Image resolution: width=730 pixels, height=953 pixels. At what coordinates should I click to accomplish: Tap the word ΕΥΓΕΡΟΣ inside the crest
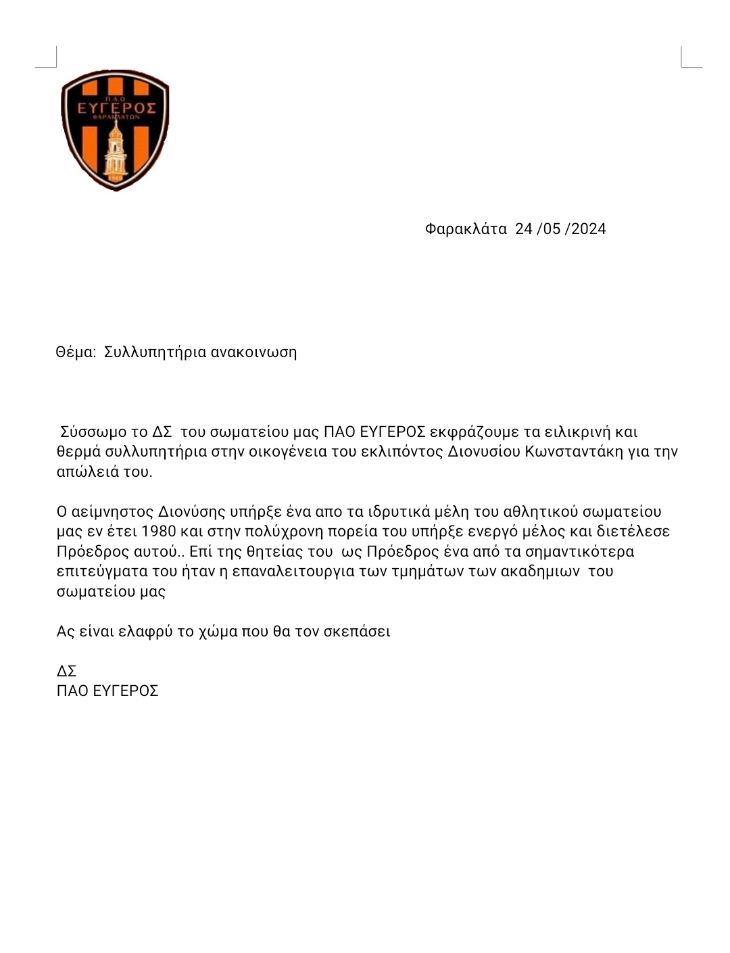click(116, 109)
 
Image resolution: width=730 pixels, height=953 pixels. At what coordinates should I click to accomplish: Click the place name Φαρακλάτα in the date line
click(466, 229)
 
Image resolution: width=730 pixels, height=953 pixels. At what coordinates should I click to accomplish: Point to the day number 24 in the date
click(524, 229)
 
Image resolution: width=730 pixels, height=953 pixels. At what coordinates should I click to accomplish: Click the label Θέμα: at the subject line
click(76, 352)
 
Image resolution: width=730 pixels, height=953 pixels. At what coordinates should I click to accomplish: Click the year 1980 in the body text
click(161, 531)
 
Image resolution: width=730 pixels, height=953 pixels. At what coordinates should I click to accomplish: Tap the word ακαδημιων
click(536, 571)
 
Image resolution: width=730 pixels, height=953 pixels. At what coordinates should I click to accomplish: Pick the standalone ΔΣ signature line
click(66, 671)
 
